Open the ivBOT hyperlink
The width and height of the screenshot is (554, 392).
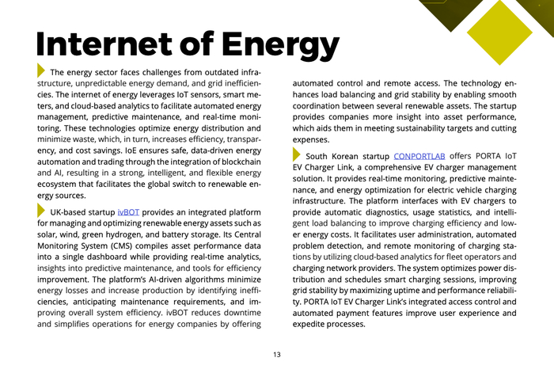[x=128, y=213]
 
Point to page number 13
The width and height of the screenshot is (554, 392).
[x=277, y=354]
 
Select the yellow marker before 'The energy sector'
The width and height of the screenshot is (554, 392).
[x=41, y=70]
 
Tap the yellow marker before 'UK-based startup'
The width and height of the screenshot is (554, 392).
[x=41, y=211]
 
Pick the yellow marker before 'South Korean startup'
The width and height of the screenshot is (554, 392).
[x=297, y=154]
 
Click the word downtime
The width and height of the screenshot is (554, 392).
[x=237, y=313]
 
